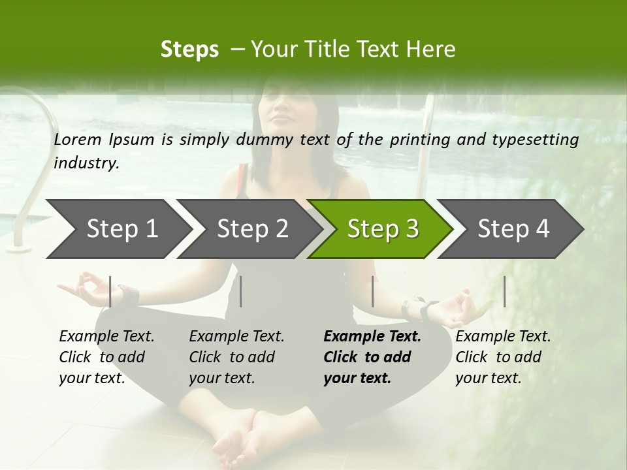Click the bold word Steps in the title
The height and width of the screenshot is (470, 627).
(x=189, y=50)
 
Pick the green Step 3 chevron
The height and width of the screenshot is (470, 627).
(x=381, y=229)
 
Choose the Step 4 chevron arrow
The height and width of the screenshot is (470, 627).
(x=512, y=229)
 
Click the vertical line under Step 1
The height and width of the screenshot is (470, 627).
(x=110, y=291)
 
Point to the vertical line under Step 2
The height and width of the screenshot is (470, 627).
(x=241, y=291)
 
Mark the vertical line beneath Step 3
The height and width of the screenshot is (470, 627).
(x=372, y=291)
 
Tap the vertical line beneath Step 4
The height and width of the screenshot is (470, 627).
(x=504, y=291)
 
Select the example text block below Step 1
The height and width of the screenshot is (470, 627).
(x=106, y=357)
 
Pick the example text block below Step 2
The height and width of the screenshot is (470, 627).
(x=236, y=357)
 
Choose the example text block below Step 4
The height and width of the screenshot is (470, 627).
(x=503, y=357)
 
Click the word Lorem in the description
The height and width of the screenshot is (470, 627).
(x=77, y=139)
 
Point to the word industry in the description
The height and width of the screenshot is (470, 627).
(x=86, y=163)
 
